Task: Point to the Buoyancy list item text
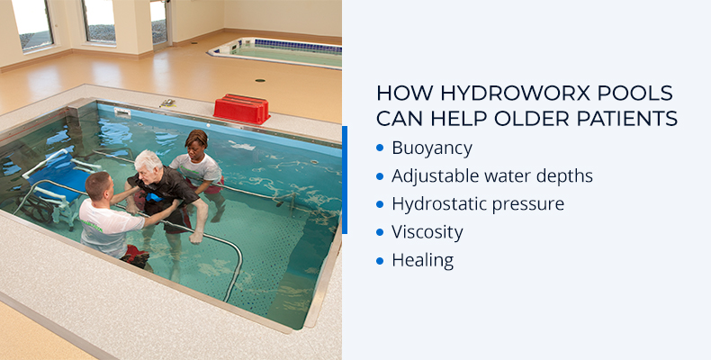click(431, 148)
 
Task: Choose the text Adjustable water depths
click(491, 175)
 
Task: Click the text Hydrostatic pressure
click(477, 203)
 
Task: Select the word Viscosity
click(427, 231)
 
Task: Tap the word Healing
click(422, 260)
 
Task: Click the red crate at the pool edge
click(241, 109)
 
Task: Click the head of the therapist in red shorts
click(196, 139)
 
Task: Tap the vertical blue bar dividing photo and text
click(344, 180)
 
